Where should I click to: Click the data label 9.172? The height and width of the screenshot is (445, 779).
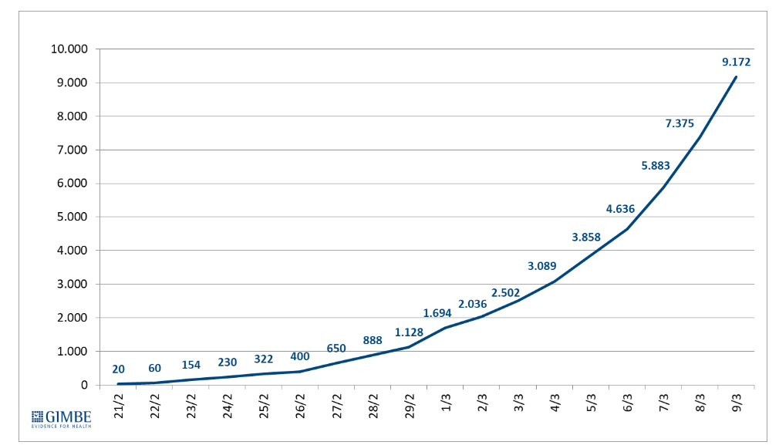click(735, 62)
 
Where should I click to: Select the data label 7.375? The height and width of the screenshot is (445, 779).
click(680, 123)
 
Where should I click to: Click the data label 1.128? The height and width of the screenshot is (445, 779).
click(410, 332)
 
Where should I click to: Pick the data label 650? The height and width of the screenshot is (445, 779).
click(336, 349)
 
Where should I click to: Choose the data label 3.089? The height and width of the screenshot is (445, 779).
click(542, 266)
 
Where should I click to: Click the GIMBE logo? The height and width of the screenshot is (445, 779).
click(61, 416)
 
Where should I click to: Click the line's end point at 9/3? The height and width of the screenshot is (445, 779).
click(737, 76)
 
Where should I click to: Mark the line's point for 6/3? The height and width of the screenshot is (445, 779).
click(628, 229)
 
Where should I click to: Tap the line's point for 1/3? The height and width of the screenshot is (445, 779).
click(446, 328)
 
